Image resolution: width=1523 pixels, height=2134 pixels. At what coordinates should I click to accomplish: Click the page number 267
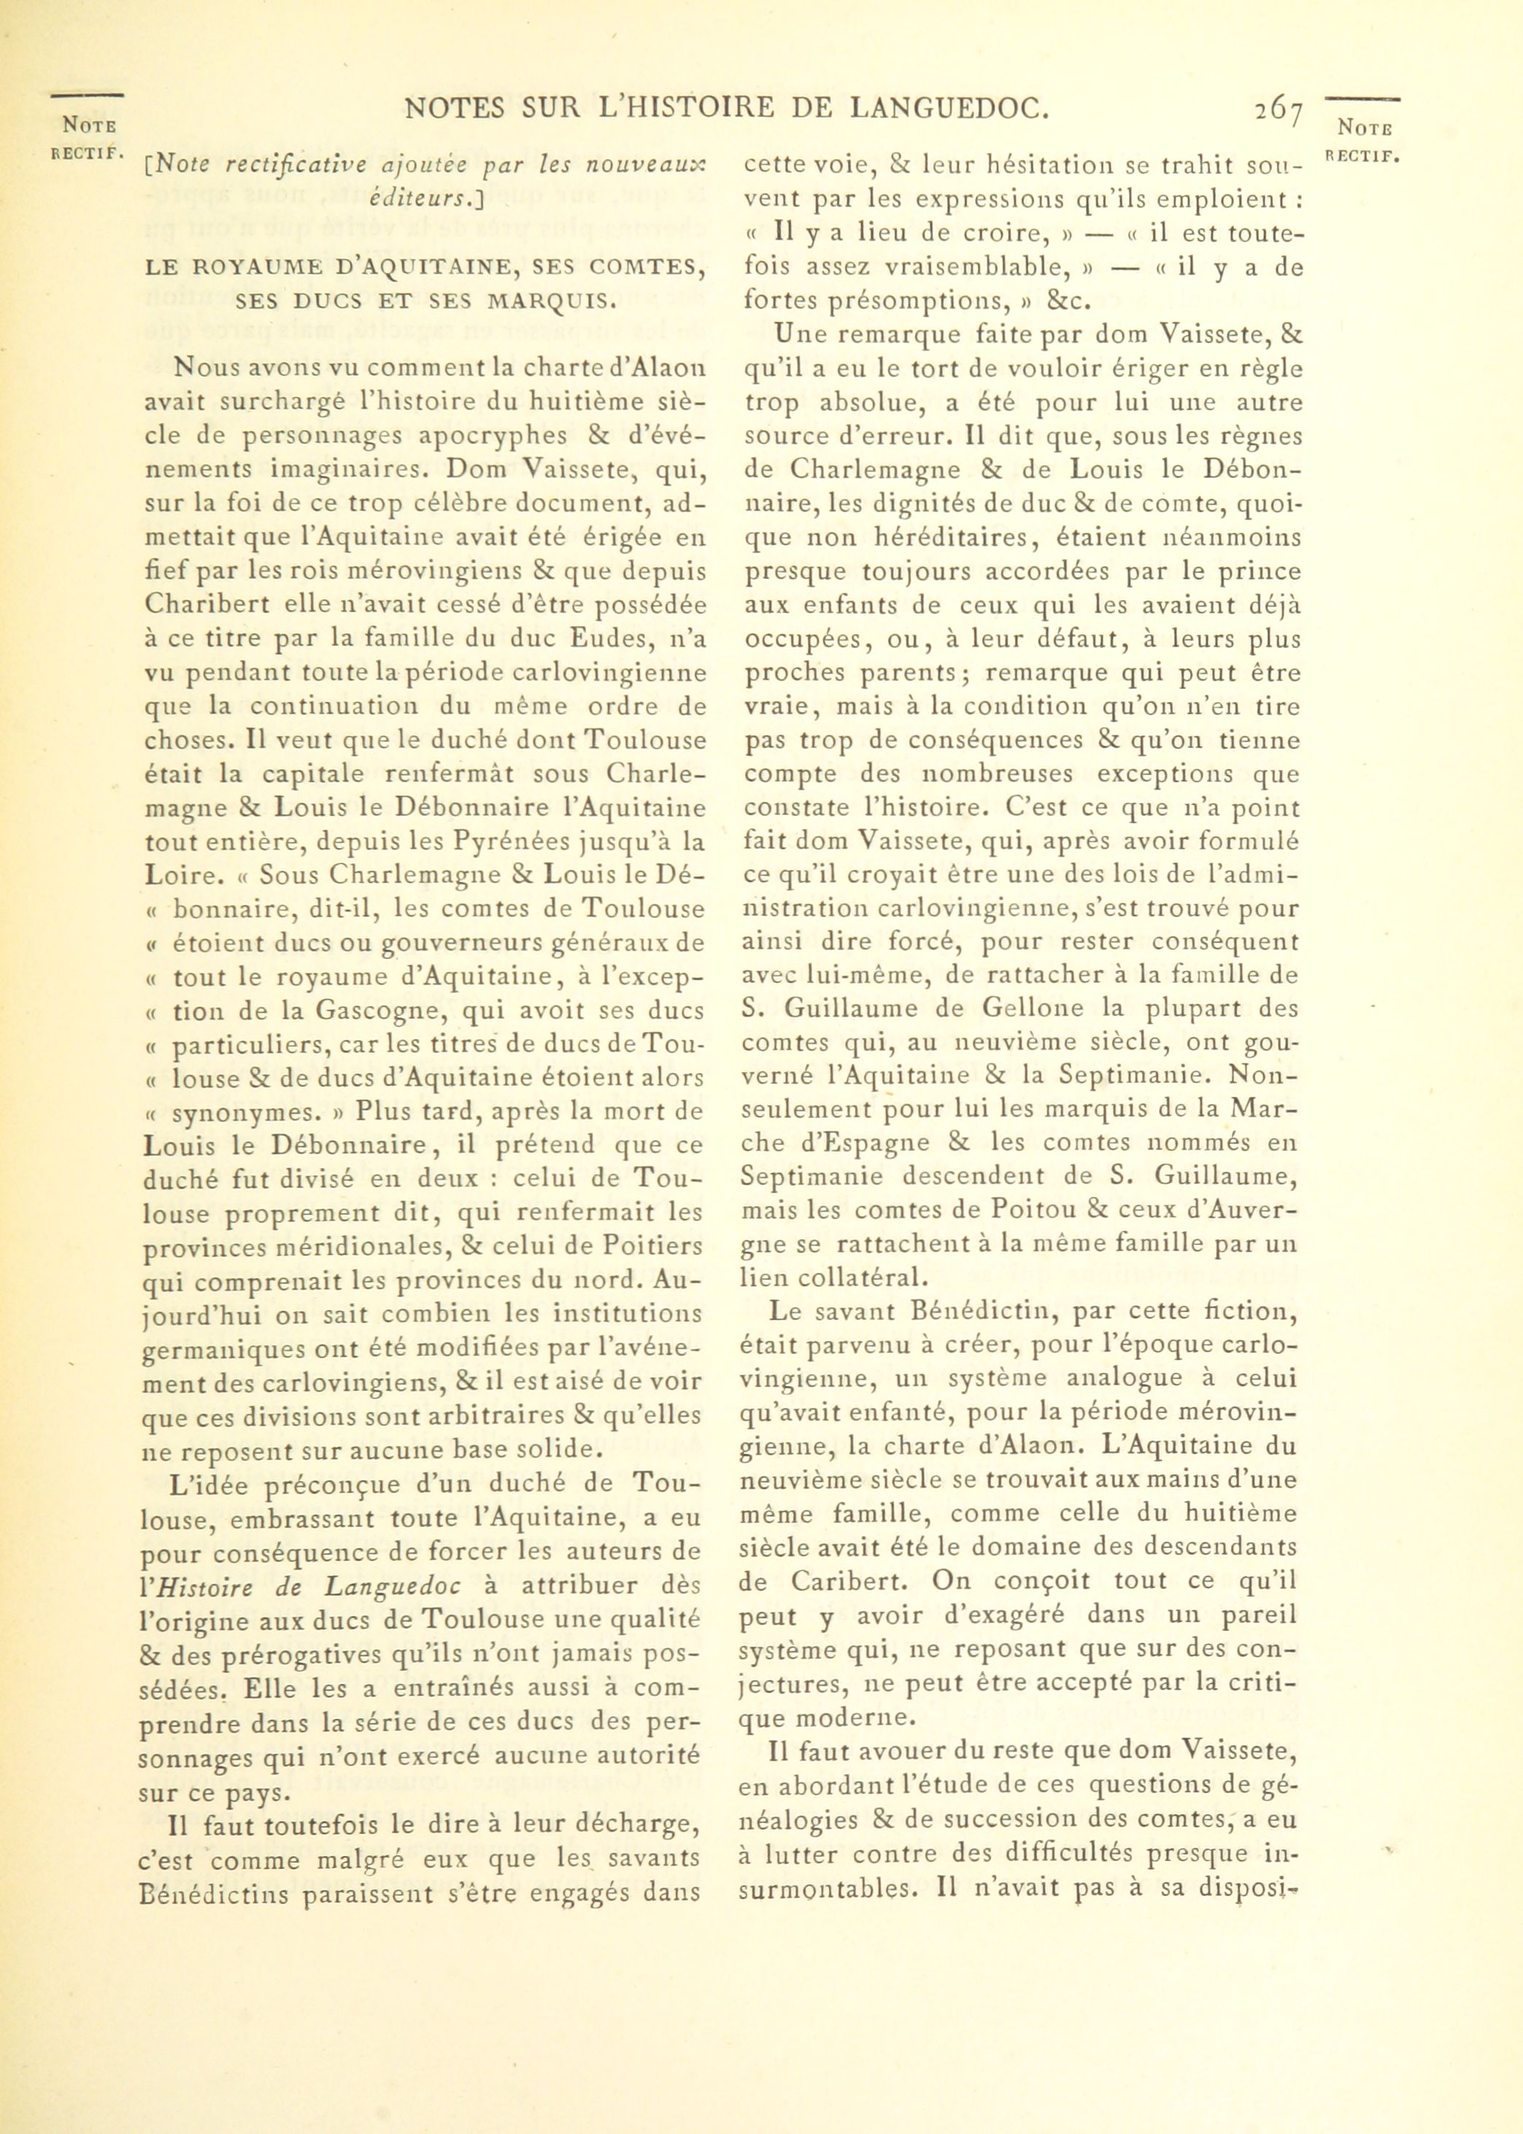tap(1279, 112)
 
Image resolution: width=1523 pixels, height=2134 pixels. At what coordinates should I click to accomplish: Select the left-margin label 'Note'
tap(88, 125)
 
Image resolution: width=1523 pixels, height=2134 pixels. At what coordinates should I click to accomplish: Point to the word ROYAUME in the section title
tap(246, 267)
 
